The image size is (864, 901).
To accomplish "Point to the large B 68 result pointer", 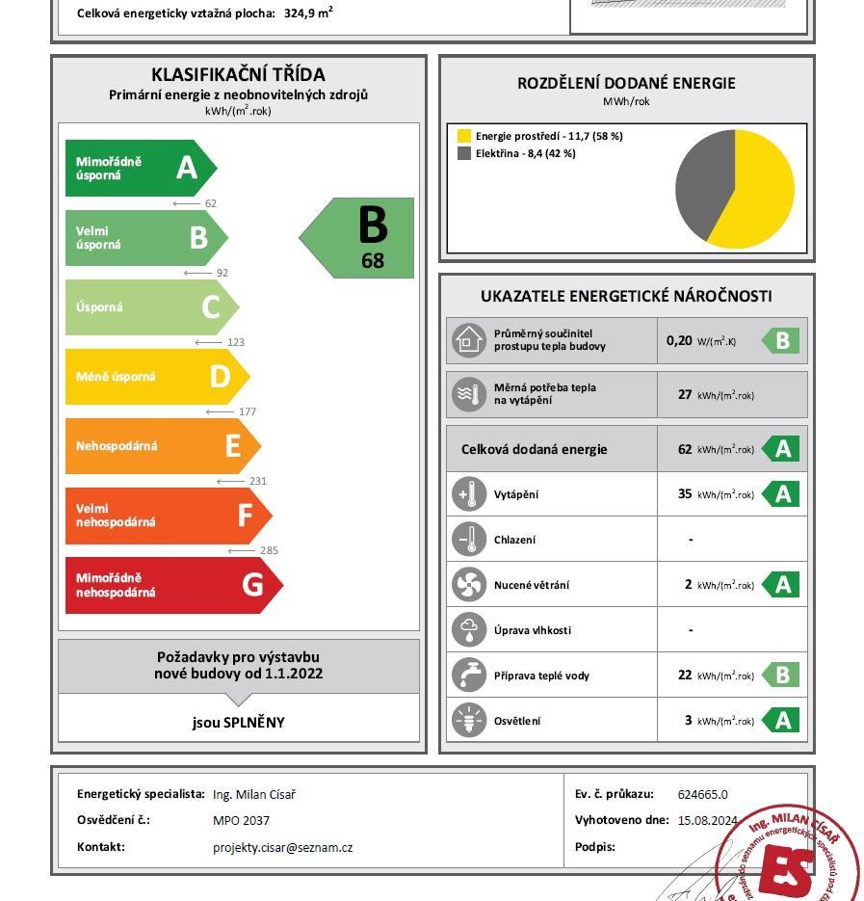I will tap(362, 238).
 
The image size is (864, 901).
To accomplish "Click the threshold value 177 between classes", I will tap(247, 411).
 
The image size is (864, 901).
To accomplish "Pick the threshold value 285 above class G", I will tap(269, 550).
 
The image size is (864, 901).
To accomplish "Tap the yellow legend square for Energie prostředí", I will tap(464, 136).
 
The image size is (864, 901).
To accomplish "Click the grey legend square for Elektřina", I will tap(464, 153).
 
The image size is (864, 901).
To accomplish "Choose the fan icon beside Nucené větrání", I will tap(469, 585).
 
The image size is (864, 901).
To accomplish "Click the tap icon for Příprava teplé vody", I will tap(469, 676).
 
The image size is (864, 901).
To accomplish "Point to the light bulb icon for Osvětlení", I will tap(469, 721).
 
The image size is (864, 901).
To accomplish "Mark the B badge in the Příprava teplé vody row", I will tap(781, 676).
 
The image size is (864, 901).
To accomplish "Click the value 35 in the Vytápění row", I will tap(685, 494).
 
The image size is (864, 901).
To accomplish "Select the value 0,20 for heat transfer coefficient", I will tap(679, 340).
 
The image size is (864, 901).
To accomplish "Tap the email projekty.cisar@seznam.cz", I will tap(282, 848).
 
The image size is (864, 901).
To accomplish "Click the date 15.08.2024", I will tap(707, 821).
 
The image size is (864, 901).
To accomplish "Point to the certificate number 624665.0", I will tap(702, 795).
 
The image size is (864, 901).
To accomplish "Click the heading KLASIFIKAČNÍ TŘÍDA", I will tap(238, 74).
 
